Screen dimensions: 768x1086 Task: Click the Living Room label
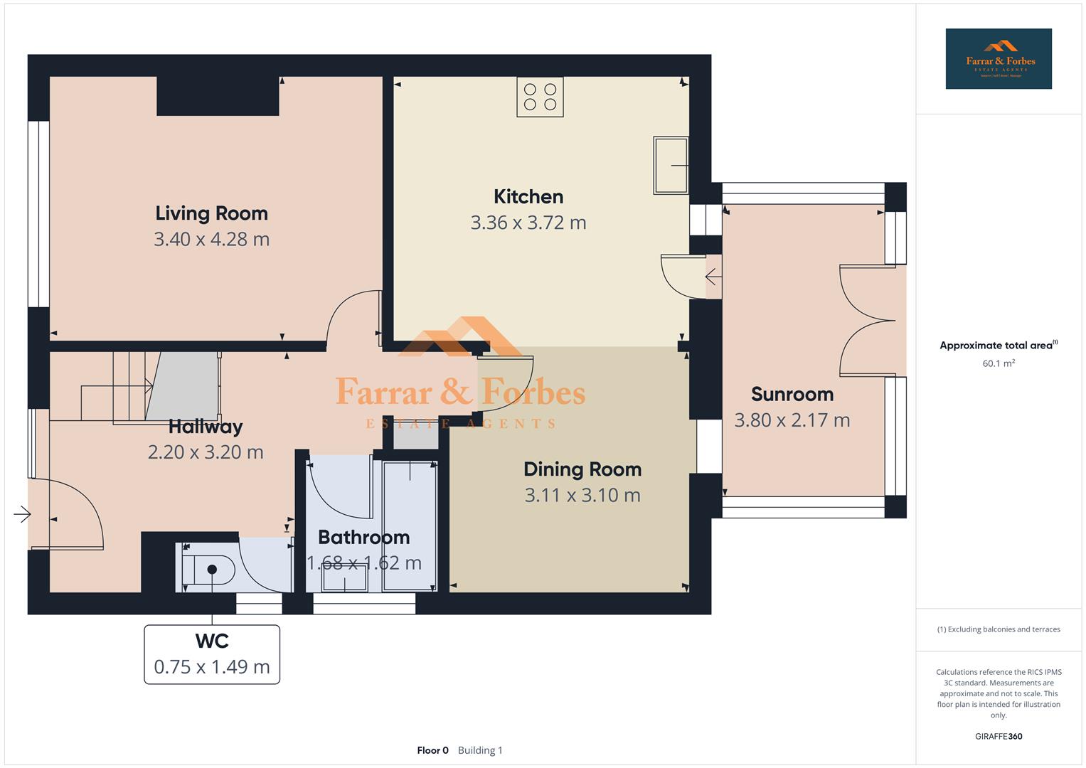(211, 213)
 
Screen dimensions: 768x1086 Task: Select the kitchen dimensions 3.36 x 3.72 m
(528, 223)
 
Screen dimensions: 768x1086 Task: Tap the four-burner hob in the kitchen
(540, 97)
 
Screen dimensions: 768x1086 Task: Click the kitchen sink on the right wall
(670, 165)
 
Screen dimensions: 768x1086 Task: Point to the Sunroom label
(792, 394)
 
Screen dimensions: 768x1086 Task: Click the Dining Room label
(582, 469)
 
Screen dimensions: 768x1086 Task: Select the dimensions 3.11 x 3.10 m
(582, 495)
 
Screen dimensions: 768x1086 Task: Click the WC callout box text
(212, 654)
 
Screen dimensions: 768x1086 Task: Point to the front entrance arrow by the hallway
(23, 513)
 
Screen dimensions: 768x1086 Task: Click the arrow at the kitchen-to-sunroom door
(712, 276)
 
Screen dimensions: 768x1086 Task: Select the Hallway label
(206, 427)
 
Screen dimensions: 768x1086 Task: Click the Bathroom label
(363, 537)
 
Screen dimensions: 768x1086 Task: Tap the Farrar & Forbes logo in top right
(998, 59)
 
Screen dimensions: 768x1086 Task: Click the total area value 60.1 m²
(998, 363)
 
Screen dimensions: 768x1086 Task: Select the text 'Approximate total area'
(995, 346)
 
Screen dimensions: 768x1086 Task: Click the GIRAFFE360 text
(998, 736)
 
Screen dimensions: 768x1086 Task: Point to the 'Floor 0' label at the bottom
(432, 750)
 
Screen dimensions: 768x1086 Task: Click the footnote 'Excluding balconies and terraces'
(998, 629)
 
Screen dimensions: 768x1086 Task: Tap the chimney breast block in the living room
(217, 96)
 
